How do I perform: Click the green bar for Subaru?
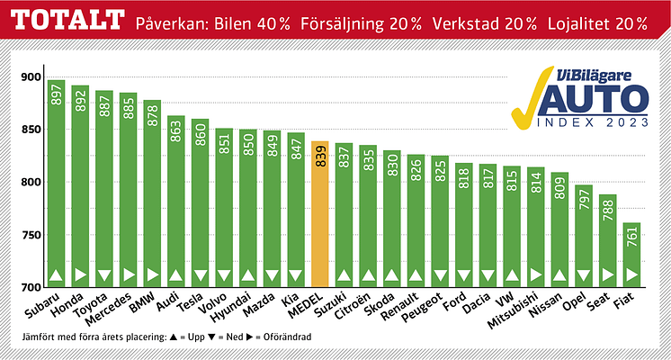56,189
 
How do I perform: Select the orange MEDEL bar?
319,216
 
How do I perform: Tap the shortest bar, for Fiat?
631,256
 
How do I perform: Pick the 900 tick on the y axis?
31,77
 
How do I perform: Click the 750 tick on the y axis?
31,236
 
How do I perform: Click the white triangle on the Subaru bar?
56,275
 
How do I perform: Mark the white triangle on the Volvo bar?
224,275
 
